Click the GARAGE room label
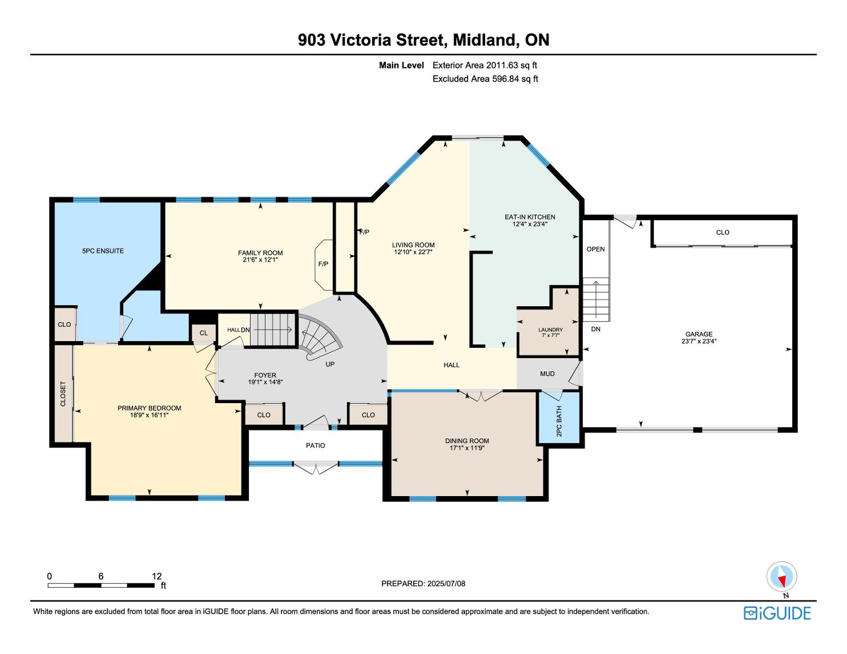(x=699, y=334)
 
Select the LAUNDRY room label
(x=550, y=330)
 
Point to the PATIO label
(x=315, y=445)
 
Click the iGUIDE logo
(x=777, y=614)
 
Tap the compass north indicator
(x=781, y=576)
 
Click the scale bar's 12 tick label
(x=157, y=576)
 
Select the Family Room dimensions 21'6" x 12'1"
(x=260, y=259)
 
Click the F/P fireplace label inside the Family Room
(x=323, y=264)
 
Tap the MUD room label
(x=547, y=373)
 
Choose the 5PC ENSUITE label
(x=103, y=251)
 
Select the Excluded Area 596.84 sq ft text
(x=485, y=79)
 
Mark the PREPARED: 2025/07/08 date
(x=424, y=583)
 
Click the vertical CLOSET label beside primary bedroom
(x=63, y=393)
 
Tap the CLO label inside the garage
(x=723, y=233)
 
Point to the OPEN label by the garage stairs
(x=596, y=249)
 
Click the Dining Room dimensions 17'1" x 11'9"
(x=467, y=448)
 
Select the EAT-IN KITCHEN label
(x=530, y=217)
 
